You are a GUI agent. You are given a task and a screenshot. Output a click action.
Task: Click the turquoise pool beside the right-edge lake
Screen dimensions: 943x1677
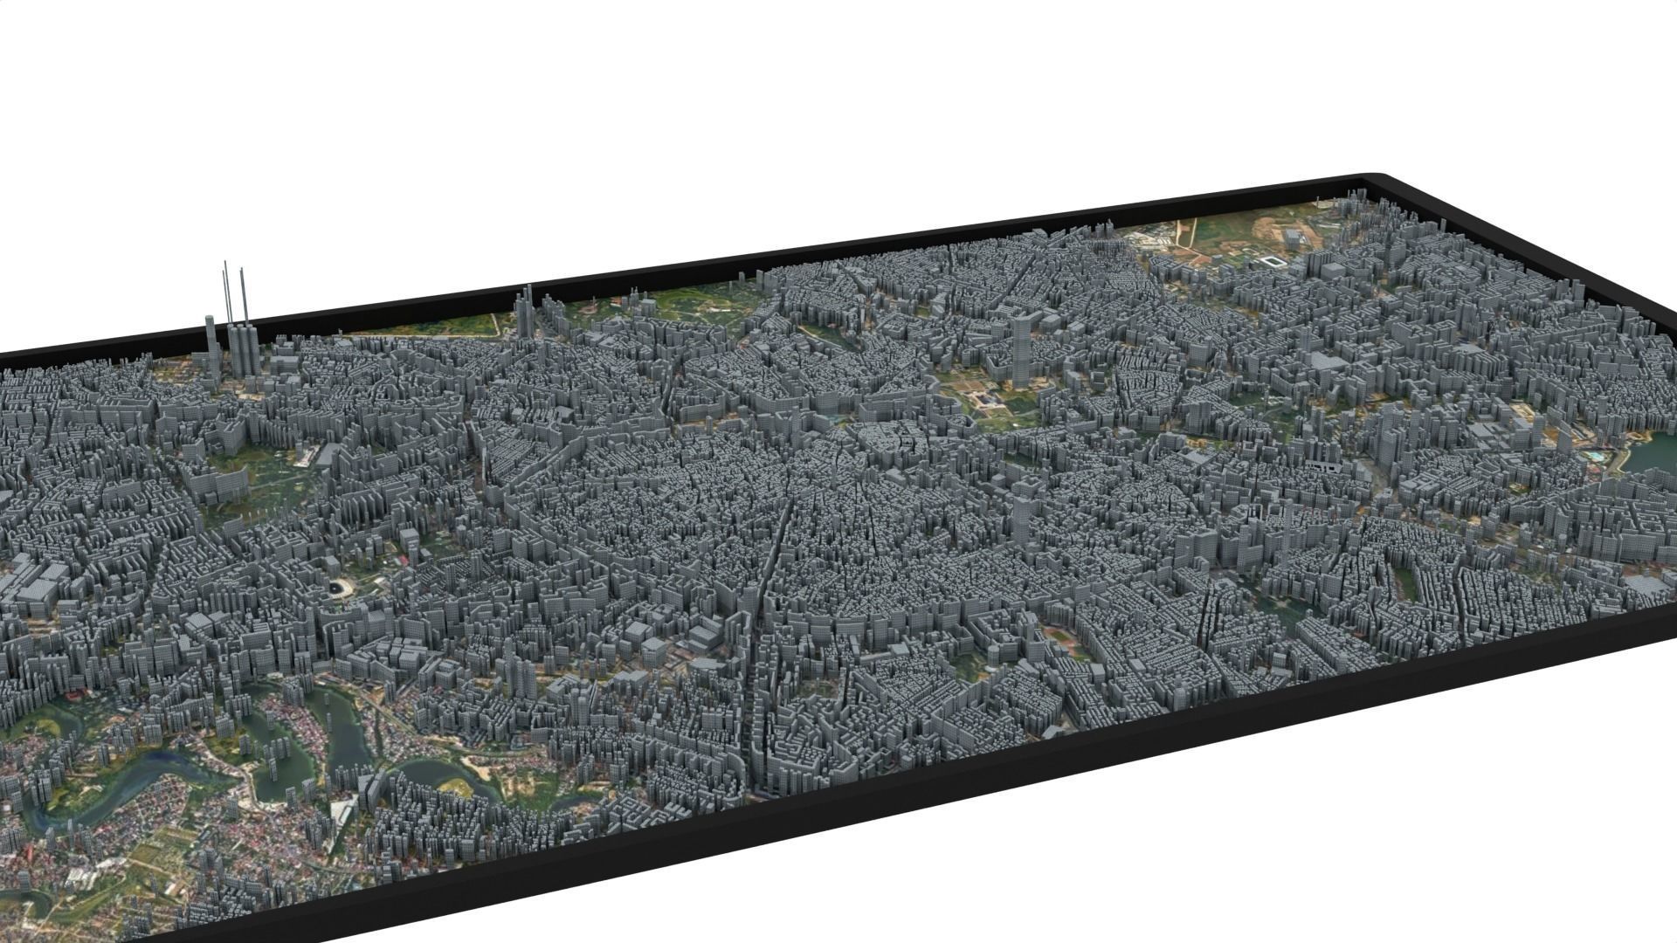tap(1595, 455)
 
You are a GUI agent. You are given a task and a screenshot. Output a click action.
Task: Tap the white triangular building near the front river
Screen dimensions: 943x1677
tap(342, 811)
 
